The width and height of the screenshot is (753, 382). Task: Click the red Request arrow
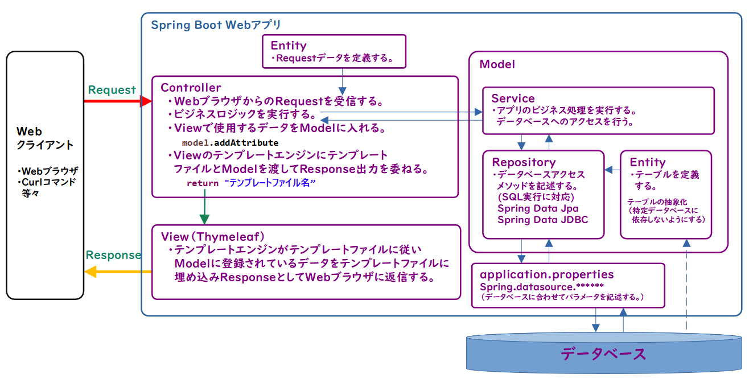[117, 101]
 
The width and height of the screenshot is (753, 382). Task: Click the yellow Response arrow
[117, 272]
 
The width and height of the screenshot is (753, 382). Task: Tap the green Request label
[112, 90]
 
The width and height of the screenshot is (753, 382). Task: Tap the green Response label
[113, 255]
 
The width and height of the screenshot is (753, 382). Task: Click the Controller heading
[191, 88]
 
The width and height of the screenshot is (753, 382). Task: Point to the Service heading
[513, 98]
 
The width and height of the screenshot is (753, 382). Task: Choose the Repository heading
[524, 162]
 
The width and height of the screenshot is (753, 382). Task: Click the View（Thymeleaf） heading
[213, 236]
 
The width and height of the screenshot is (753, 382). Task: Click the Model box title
[497, 64]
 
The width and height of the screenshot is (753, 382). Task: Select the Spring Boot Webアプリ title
[216, 25]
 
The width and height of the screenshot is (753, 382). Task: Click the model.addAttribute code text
[230, 143]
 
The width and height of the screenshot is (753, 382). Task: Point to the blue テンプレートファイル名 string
[270, 183]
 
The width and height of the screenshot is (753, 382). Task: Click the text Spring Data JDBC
[542, 220]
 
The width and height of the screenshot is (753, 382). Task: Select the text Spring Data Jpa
[537, 208]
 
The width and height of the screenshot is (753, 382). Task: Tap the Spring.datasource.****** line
[541, 286]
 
